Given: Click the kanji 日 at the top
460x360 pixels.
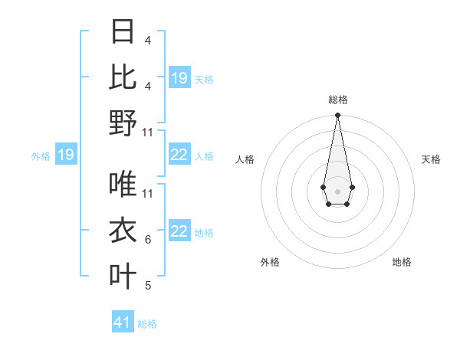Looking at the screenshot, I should point(123,32).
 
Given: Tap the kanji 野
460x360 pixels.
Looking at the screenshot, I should point(123,123).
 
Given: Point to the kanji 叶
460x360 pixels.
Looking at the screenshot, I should point(123,276).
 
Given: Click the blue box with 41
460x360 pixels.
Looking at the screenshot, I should point(123,322).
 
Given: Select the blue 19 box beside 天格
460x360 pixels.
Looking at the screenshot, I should point(179,78).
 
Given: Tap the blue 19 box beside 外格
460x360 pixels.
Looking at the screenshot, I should point(65,155).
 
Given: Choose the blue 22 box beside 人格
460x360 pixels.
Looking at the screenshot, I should point(179,155).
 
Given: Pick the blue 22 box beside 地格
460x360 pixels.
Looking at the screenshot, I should point(179,232).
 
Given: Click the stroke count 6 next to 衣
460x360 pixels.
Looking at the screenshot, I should point(148,240).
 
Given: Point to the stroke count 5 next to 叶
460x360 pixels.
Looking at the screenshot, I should point(148,286).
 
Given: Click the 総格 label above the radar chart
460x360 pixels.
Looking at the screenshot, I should point(338,100).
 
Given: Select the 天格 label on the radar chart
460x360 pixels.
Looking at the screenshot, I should point(431,159).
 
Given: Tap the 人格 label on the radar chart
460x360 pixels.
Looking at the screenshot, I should point(245,159).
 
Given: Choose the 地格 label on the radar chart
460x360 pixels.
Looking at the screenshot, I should point(402,262).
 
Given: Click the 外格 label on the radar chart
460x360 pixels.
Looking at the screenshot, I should point(271,262).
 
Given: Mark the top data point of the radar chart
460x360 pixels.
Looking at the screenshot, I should point(337,116).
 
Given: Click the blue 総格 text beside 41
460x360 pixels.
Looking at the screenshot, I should point(147,324).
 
